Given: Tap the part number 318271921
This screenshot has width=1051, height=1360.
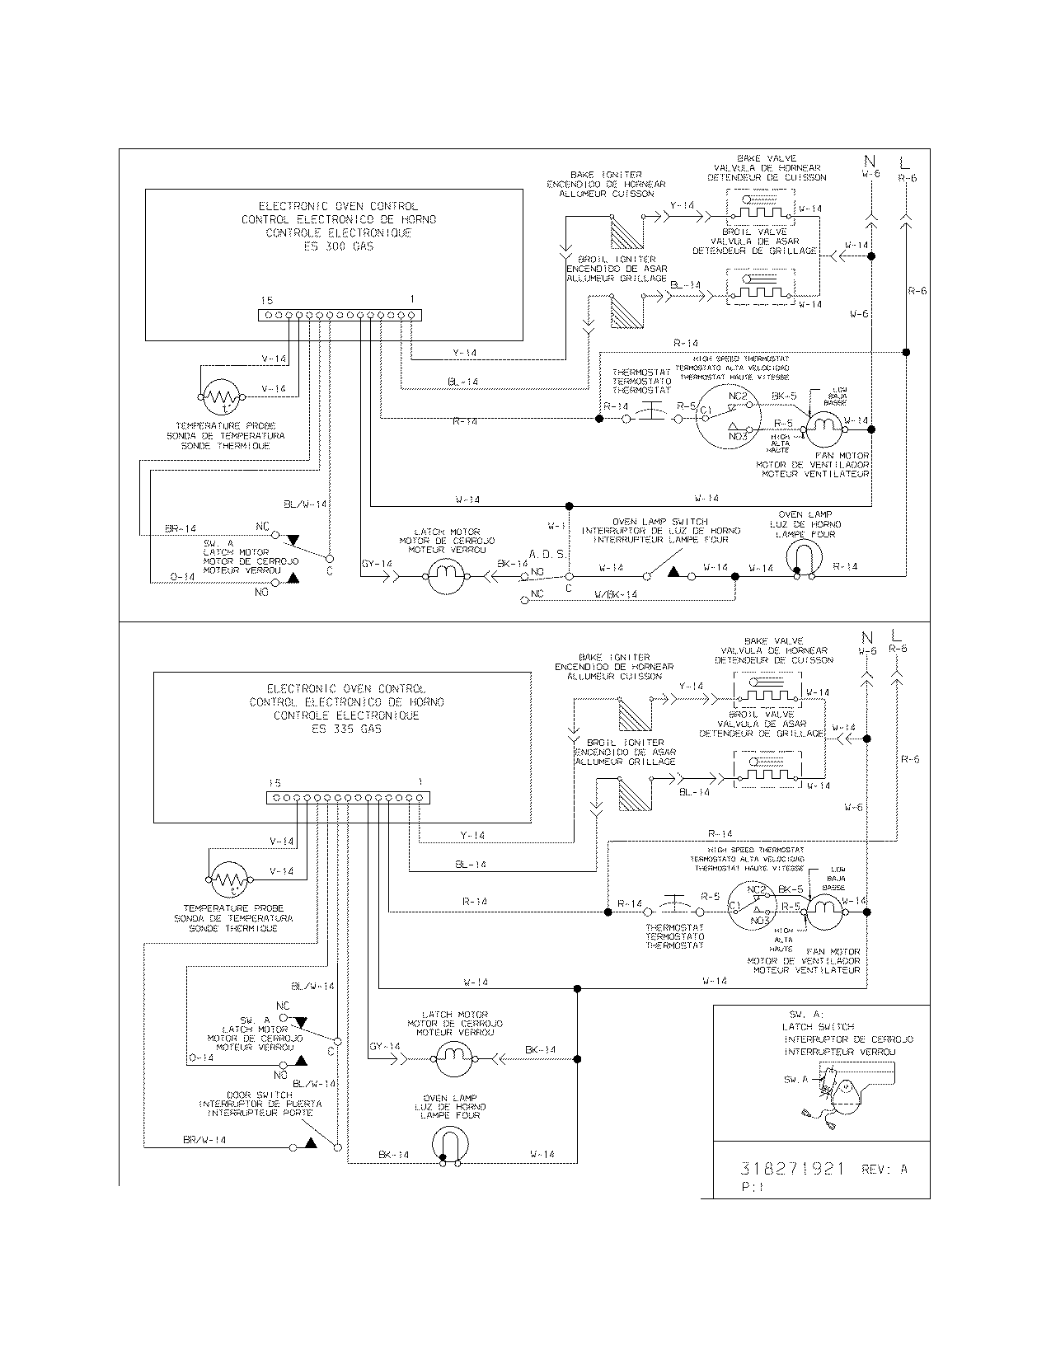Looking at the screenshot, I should [791, 1169].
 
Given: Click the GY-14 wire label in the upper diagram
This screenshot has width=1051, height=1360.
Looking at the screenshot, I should [377, 565].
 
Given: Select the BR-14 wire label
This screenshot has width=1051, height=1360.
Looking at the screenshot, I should [181, 528].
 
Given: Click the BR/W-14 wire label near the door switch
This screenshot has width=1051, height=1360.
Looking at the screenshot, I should [204, 1140].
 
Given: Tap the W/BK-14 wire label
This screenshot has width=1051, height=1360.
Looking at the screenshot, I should [616, 594].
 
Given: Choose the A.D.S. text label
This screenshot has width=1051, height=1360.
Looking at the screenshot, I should [547, 555].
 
